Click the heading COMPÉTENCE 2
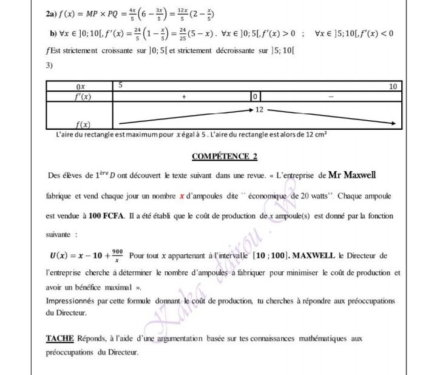(x=225, y=157)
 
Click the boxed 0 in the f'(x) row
(x=256, y=96)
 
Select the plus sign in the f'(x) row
(x=183, y=96)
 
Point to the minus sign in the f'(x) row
(x=330, y=96)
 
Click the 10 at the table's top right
(x=393, y=87)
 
